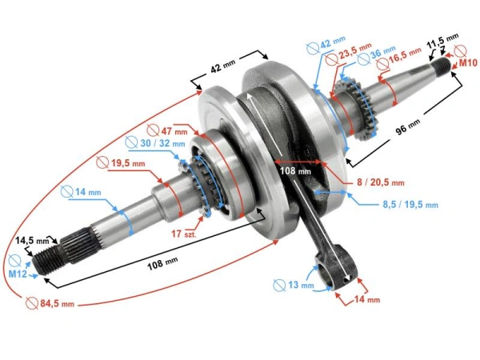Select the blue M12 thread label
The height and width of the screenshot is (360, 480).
tap(18, 274)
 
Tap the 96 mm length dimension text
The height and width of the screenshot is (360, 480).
tap(407, 124)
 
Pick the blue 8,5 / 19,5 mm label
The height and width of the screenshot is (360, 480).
tap(409, 205)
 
